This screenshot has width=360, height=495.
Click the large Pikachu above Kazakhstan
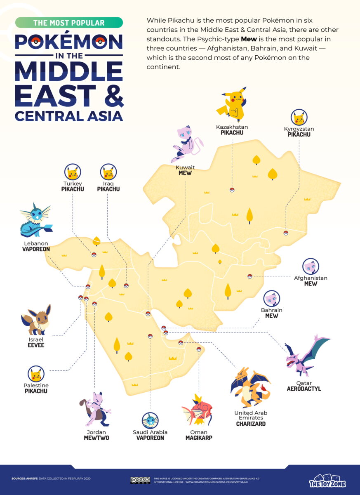pyautogui.click(x=232, y=105)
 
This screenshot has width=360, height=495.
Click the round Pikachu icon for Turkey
pyautogui.click(x=73, y=172)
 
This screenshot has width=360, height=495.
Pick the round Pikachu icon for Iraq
pyautogui.click(x=108, y=172)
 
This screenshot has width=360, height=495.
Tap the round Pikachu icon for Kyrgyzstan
pyautogui.click(x=299, y=118)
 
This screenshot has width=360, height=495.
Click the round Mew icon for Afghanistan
pyautogui.click(x=311, y=266)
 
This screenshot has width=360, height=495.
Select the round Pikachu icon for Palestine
pyautogui.click(x=36, y=374)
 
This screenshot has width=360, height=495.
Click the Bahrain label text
pyautogui.click(x=272, y=310)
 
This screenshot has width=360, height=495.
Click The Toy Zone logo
pyautogui.click(x=327, y=481)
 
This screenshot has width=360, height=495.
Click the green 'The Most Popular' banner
pyautogui.click(x=69, y=23)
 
